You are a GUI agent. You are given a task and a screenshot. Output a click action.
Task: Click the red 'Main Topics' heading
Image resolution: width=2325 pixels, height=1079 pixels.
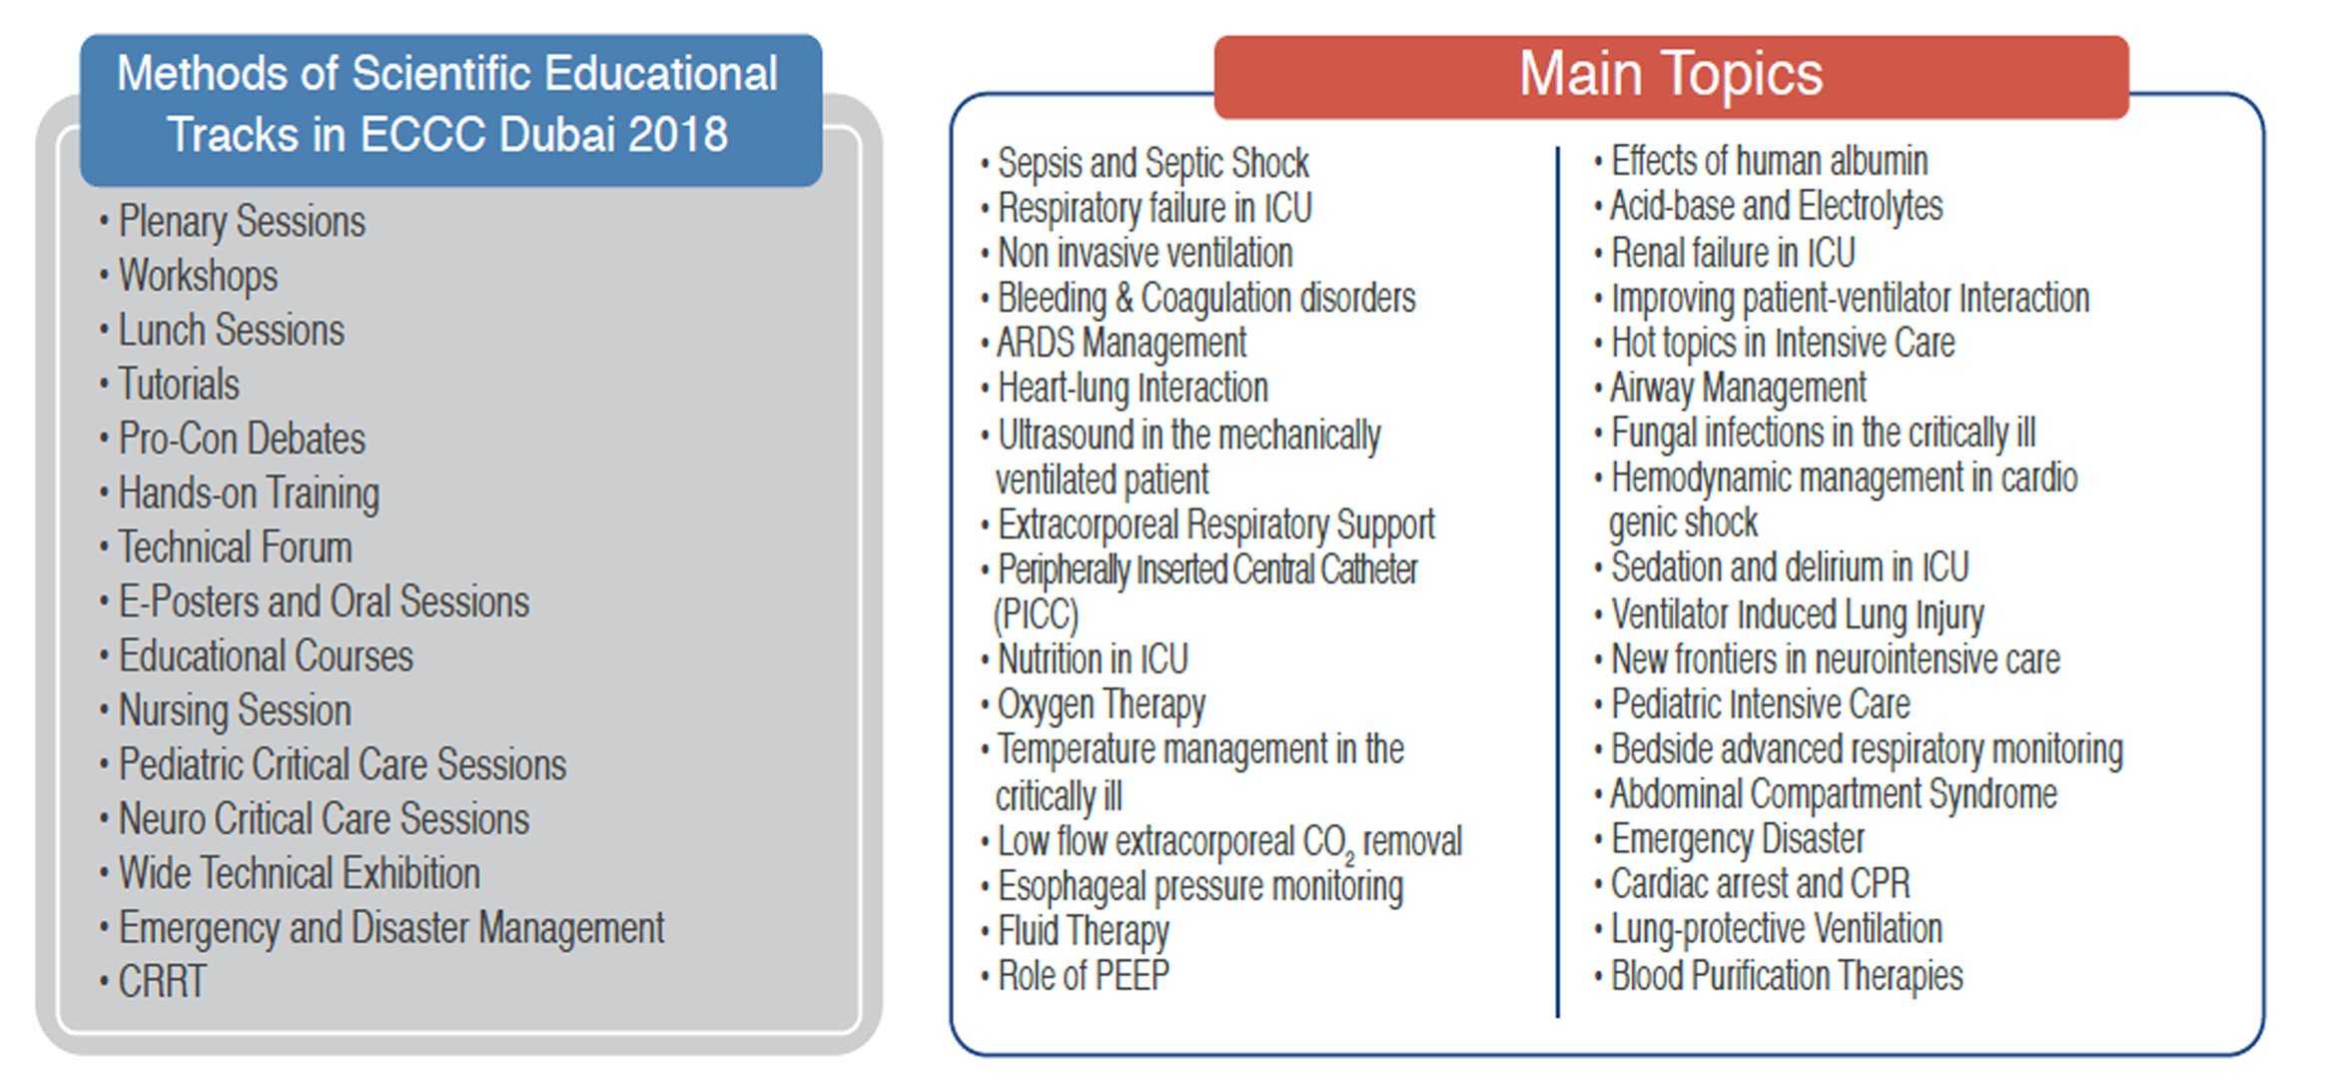coord(1671,74)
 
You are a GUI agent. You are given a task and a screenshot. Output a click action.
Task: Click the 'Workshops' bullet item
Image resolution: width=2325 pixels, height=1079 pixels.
coord(198,276)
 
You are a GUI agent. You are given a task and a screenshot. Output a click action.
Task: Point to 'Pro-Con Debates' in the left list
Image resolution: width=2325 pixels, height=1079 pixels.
coord(242,439)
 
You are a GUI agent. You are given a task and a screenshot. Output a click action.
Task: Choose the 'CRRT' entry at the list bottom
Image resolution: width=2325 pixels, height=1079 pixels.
coord(162,981)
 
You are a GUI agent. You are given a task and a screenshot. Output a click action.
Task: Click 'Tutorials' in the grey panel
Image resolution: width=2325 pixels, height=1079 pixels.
coord(179,385)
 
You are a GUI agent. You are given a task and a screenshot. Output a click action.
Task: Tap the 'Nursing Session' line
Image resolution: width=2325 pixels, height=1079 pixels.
coord(235,710)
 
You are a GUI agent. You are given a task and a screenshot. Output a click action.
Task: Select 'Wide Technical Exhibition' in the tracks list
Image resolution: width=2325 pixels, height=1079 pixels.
coord(300,873)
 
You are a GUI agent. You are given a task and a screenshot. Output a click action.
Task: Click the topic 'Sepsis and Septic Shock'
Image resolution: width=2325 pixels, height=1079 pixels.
coord(1154,163)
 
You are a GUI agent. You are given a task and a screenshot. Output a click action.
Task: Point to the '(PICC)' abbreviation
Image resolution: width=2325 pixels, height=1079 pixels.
coord(1037,614)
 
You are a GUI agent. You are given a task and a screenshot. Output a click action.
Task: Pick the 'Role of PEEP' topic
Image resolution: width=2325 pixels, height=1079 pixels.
coord(1084,975)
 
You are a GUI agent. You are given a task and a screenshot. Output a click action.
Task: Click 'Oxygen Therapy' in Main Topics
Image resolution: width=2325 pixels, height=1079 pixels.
coord(1102,705)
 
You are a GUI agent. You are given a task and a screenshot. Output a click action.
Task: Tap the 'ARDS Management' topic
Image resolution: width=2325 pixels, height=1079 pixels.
coord(1122,343)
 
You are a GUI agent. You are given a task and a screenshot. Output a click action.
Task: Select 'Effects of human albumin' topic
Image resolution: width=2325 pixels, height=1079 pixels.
coord(1769,161)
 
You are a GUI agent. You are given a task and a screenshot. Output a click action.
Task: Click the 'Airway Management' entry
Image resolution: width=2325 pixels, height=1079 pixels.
coord(1738,388)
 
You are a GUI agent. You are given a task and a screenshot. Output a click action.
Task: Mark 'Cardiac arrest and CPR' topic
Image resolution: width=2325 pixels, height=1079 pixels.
coord(1760,883)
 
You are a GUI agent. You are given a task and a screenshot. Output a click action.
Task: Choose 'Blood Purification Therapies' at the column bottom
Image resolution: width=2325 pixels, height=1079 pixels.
coord(1787,975)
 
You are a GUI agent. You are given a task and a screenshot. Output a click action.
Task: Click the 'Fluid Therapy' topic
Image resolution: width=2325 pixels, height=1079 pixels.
coord(1084,931)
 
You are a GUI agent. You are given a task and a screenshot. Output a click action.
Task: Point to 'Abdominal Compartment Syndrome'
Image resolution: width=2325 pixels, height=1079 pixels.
coord(1834,794)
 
